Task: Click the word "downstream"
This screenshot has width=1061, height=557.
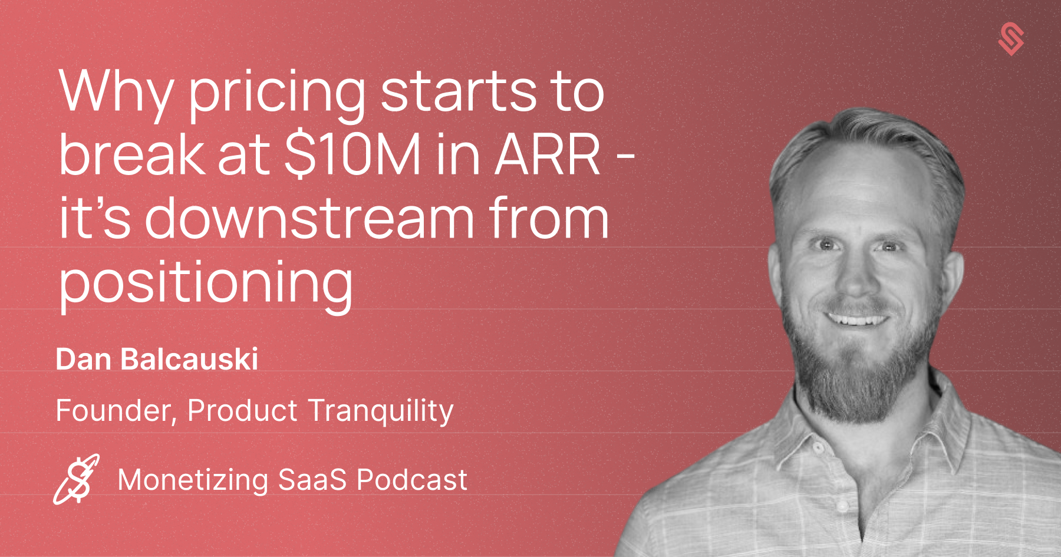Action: [309, 218]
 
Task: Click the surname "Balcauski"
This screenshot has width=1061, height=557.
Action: [189, 359]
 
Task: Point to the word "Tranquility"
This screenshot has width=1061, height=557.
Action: [381, 411]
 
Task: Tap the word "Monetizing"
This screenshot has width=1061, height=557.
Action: [193, 480]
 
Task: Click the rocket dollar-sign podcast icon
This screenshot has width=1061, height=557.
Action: [77, 479]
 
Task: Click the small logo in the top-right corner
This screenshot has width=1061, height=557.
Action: [1011, 39]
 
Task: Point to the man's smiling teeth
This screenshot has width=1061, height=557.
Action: [858, 321]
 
